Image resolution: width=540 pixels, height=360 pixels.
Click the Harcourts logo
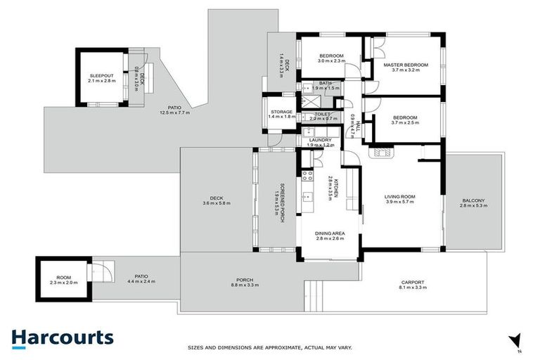pos(62,337)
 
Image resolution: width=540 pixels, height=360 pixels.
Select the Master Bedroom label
pos(405,65)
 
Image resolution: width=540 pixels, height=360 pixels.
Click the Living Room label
pos(399,197)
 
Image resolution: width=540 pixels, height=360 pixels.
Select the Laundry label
pos(319,140)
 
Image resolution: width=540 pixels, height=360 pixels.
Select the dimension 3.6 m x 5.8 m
pos(216,203)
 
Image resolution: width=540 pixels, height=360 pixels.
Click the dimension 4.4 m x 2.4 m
pos(141,282)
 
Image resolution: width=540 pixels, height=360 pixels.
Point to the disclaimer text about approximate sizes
pos(269,347)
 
